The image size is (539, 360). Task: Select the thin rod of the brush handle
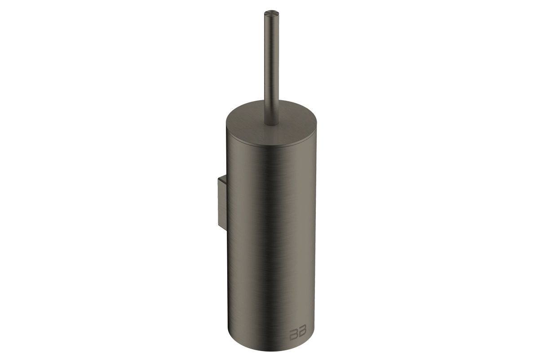(269, 67)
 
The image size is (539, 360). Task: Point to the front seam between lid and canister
(271, 147)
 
